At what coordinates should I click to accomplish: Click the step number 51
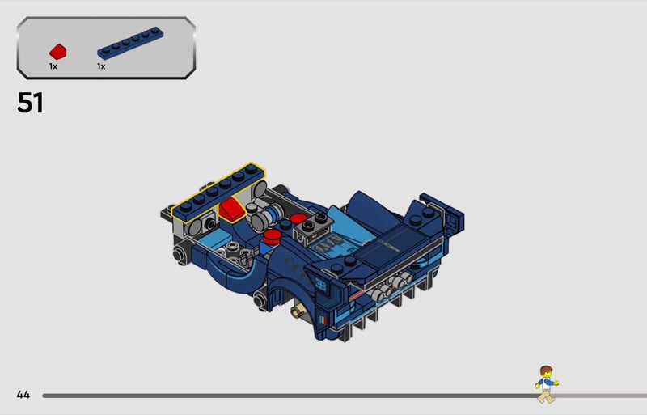coord(30,103)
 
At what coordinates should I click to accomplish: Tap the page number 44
coord(23,395)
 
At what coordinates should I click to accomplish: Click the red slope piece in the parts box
coord(57,52)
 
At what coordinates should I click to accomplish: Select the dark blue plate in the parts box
coord(130,43)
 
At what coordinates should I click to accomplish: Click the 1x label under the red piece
coord(53,66)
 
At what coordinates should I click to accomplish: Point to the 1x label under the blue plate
coord(101,66)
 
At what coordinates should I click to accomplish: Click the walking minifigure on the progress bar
coord(547,384)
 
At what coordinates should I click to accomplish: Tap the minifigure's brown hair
coord(546,370)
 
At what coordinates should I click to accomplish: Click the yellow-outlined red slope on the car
coord(232,210)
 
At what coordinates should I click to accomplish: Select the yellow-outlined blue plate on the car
coord(218,193)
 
